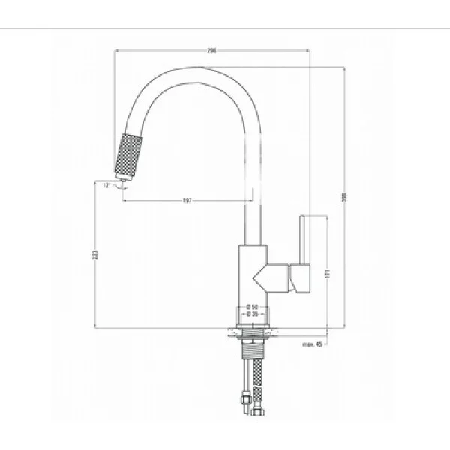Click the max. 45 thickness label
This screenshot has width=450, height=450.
pyautogui.click(x=313, y=344)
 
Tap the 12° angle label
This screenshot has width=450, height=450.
pyautogui.click(x=106, y=184)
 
